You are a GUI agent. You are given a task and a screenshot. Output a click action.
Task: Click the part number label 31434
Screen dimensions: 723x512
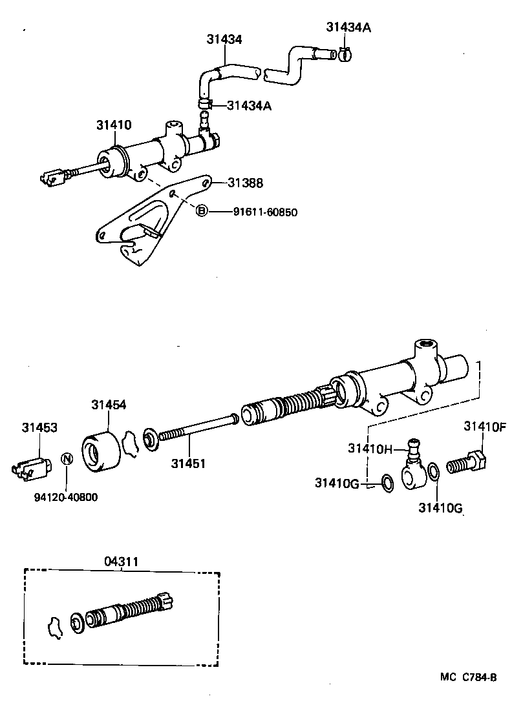224,39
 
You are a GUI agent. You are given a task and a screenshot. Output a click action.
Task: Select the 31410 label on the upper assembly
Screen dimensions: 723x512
114,125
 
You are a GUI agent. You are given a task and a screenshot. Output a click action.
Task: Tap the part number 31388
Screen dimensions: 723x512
245,183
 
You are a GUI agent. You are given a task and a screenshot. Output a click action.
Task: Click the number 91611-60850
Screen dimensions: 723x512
265,211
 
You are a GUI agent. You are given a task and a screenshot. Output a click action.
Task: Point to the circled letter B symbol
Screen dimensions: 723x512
202,210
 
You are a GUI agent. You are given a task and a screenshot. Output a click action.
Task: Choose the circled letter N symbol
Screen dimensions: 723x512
66,459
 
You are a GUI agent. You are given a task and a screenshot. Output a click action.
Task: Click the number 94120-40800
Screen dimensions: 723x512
67,497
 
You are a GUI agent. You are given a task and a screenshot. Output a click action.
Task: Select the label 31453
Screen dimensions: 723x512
39,427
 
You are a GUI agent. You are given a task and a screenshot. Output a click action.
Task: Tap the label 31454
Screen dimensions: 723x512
108,405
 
